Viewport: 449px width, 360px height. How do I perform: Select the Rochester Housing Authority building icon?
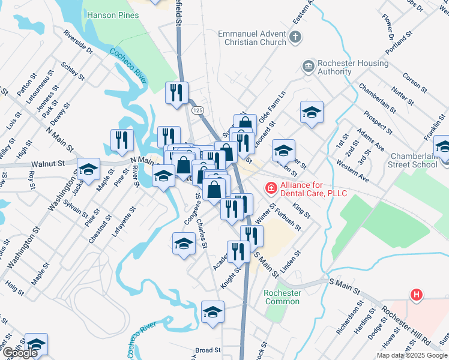click(x=309, y=65)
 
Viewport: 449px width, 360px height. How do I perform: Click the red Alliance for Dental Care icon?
click(x=271, y=189)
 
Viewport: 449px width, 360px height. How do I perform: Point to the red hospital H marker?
click(x=415, y=295)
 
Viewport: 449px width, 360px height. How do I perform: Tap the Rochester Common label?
click(x=282, y=297)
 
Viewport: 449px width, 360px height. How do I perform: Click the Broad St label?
click(x=208, y=350)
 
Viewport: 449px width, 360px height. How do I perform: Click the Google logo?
click(x=19, y=353)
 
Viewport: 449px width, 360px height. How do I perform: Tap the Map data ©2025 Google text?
click(x=411, y=355)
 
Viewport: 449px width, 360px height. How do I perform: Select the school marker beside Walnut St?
click(x=89, y=170)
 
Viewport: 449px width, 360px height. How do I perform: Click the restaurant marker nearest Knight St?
click(x=239, y=251)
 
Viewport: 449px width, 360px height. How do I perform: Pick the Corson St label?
click(x=415, y=83)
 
